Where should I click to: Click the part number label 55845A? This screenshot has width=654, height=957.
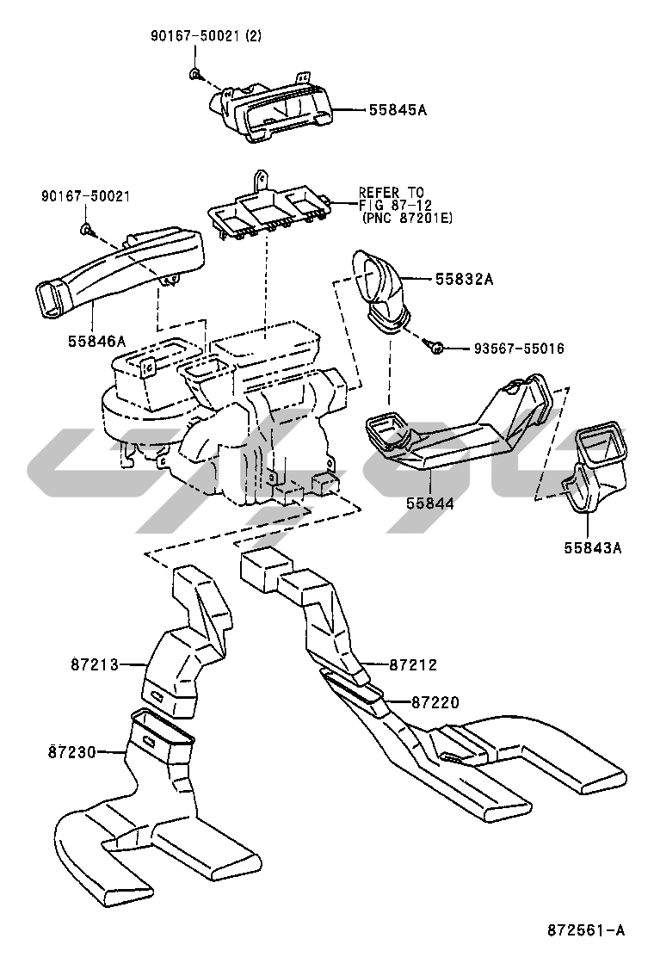pos(398,110)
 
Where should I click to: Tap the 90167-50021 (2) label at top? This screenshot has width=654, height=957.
pos(206,36)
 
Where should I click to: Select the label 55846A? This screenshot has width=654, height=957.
pos(96,341)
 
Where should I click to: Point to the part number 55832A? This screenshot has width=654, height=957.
pos(465,280)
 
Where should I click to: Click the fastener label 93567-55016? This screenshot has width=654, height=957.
pos(519,349)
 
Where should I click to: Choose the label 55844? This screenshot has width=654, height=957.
pos(430,503)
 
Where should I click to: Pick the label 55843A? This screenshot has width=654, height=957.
pos(592,547)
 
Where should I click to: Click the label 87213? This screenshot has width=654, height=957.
pos(94,664)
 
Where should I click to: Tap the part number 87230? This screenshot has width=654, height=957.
pos(72,752)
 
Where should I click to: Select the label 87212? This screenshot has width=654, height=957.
pos(413,664)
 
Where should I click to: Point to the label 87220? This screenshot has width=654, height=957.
pos(435,702)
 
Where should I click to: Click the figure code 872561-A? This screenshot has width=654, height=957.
pos(586,930)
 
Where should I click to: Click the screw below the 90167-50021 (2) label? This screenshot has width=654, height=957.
pos(194,75)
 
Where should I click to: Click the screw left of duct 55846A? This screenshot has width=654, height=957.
pos(86,230)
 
